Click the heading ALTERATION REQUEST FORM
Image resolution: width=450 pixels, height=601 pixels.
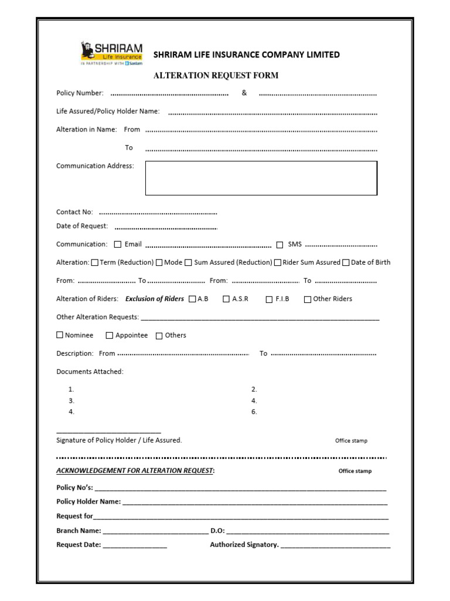[216, 75]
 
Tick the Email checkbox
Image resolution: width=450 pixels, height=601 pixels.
[118, 244]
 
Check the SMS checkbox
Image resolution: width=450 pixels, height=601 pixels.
[279, 244]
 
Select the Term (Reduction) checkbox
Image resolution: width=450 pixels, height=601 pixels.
[95, 262]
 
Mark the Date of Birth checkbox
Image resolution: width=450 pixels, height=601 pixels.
[346, 262]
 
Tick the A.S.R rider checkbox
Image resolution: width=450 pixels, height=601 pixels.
[226, 299]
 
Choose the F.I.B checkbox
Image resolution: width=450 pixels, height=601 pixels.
[270, 299]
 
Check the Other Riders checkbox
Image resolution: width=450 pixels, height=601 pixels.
[308, 299]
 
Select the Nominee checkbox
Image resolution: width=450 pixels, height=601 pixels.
[60, 335]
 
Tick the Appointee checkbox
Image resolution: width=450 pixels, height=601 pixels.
[110, 335]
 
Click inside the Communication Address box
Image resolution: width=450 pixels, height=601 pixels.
[261, 178]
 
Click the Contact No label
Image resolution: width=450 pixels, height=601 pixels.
[74, 212]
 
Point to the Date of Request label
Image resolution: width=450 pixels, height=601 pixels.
[82, 226]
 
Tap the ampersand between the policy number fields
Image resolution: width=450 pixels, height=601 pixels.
[244, 93]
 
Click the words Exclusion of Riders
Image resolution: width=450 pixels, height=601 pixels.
[155, 299]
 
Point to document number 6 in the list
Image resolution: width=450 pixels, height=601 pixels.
[254, 412]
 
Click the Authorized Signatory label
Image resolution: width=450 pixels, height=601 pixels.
[244, 545]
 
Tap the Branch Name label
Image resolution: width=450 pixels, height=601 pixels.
[79, 531]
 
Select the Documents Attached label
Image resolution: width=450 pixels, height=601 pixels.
[90, 372]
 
